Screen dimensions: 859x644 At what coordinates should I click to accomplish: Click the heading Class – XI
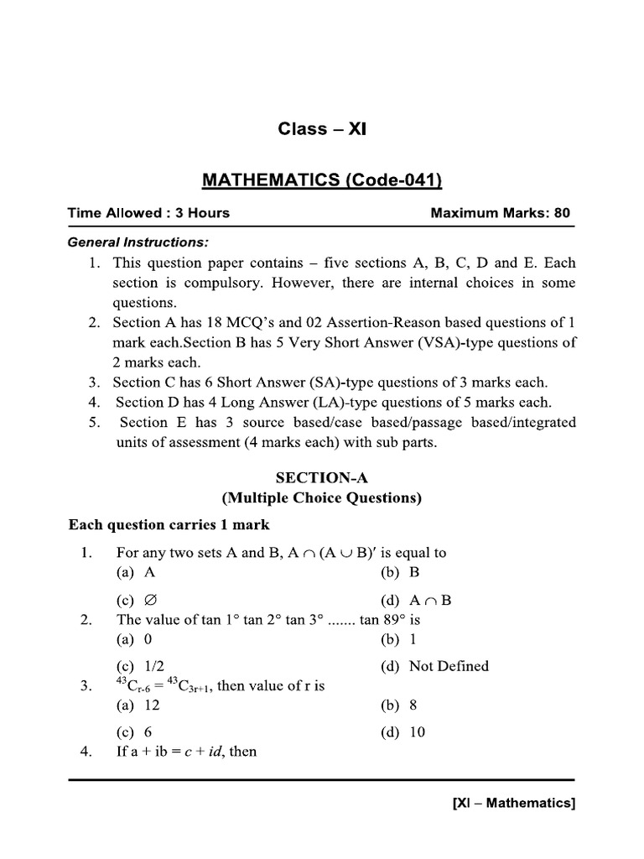(322, 129)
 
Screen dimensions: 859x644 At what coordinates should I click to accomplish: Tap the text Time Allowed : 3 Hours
(148, 213)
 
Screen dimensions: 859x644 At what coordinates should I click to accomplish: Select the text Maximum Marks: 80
(500, 213)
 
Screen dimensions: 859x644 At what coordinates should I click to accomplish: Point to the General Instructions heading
(138, 242)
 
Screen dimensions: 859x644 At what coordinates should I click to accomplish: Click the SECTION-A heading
(321, 477)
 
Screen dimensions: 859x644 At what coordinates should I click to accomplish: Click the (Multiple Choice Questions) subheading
(321, 498)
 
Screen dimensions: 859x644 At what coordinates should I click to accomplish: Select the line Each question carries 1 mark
(169, 525)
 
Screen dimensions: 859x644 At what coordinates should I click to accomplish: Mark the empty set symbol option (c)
(138, 601)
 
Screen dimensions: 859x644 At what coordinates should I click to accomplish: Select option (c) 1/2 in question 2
(141, 666)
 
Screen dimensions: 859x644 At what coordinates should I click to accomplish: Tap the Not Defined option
(436, 666)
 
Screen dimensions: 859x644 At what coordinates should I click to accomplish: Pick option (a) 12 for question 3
(138, 705)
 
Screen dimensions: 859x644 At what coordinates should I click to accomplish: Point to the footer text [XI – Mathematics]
(513, 804)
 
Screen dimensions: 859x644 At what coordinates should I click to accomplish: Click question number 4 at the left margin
(86, 751)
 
